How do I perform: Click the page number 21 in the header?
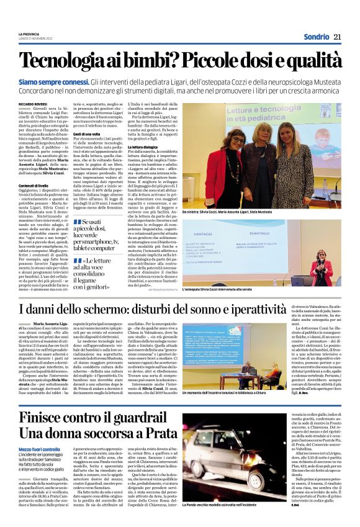[338, 36]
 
